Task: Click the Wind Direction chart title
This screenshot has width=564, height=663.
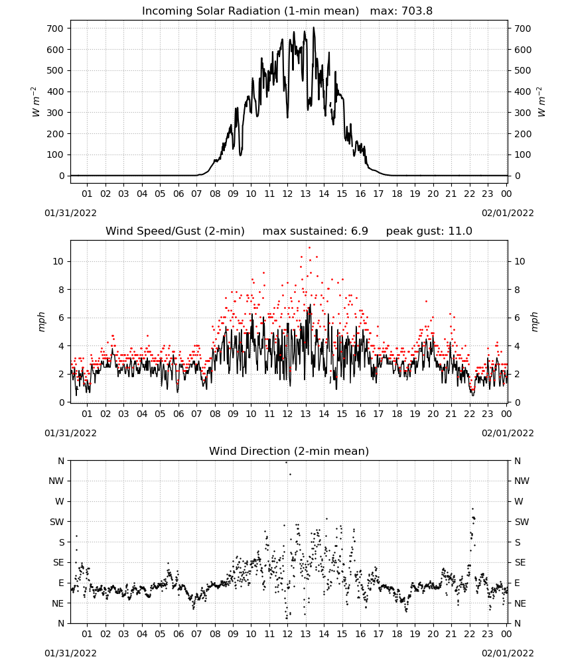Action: [289, 451]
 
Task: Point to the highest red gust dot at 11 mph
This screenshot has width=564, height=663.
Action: [309, 247]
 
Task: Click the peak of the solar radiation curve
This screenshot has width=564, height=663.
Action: [314, 27]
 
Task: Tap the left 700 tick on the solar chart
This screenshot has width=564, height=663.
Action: [56, 29]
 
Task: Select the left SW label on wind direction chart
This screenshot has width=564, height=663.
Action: [56, 522]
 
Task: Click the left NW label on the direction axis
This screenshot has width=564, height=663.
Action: [56, 481]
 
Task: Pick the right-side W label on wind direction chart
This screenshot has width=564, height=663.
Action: [519, 501]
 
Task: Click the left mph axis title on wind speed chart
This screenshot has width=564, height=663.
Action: [41, 322]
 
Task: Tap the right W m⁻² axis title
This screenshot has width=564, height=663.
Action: [541, 102]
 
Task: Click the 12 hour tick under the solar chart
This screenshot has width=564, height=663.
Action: [287, 194]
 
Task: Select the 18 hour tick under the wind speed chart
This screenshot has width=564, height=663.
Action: [396, 414]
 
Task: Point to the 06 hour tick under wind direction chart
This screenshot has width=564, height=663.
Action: [178, 634]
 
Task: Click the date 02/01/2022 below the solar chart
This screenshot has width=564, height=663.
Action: [508, 213]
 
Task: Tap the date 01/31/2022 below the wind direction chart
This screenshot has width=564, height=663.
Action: [70, 653]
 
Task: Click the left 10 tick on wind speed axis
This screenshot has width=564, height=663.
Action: [58, 261]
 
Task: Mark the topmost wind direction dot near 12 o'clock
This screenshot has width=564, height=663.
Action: [286, 462]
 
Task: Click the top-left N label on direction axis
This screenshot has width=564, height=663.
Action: [61, 461]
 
